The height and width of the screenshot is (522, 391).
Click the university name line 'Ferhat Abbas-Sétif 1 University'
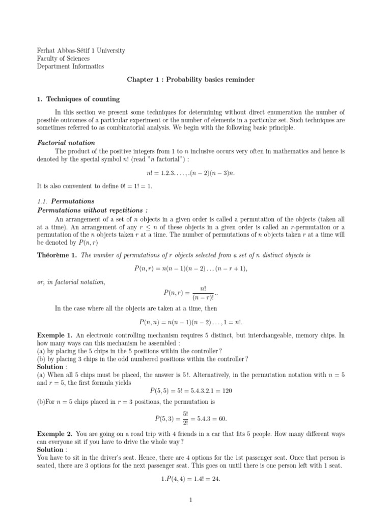click(x=81, y=51)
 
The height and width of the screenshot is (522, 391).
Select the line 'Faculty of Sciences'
click(x=63, y=59)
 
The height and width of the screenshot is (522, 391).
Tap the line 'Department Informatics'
click(x=70, y=66)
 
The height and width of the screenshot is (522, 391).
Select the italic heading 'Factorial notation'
click(x=66, y=143)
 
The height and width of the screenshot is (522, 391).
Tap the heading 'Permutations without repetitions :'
click(x=93, y=210)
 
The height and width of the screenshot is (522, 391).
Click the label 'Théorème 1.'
click(x=57, y=255)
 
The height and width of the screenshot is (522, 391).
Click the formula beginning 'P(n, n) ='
click(x=191, y=323)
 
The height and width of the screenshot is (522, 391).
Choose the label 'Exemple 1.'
click(x=55, y=335)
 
